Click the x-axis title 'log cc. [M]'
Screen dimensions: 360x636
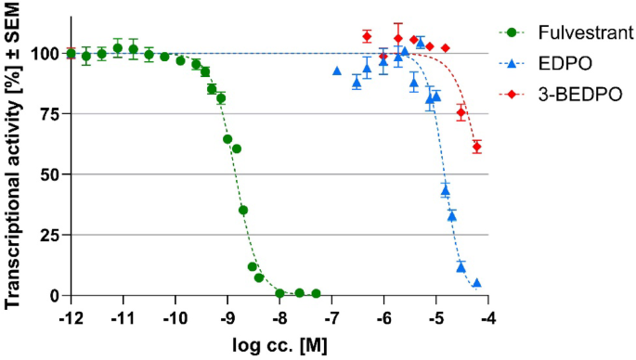click(x=279, y=345)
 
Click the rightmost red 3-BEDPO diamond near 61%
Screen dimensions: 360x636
click(x=476, y=147)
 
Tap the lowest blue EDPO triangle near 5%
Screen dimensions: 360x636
click(x=476, y=283)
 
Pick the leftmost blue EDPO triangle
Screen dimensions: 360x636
click(x=337, y=71)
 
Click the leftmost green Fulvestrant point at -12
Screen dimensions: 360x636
click(x=71, y=54)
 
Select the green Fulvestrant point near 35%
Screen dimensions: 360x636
click(x=243, y=210)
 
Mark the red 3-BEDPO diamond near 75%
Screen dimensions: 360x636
click(x=461, y=112)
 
